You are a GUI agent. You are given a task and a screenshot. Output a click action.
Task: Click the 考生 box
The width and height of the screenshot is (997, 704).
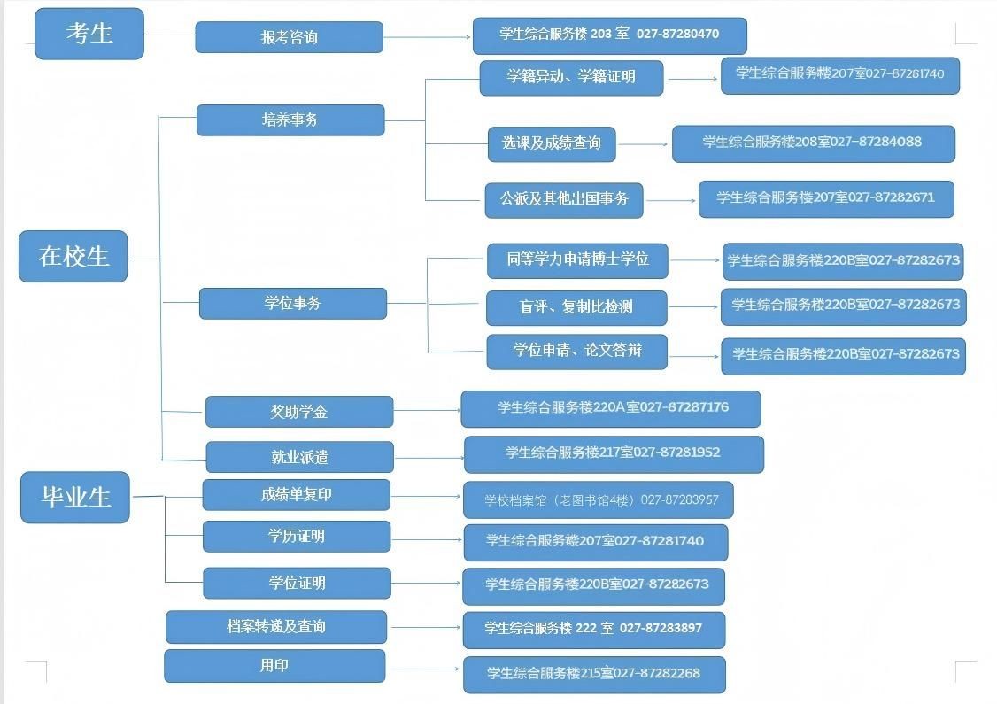[x=89, y=34]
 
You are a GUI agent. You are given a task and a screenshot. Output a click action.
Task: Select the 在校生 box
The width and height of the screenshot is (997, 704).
[x=73, y=257]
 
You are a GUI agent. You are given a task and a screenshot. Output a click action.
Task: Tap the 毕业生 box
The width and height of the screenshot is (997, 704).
[x=75, y=497]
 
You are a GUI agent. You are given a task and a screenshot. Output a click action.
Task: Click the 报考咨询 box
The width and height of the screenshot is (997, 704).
[x=289, y=37]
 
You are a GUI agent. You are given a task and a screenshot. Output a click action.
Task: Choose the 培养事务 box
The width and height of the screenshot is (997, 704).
[x=290, y=120]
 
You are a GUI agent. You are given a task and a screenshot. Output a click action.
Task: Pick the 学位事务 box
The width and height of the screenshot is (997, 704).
[x=292, y=303]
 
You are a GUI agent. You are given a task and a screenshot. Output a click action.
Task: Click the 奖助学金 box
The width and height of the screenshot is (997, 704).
[x=299, y=412]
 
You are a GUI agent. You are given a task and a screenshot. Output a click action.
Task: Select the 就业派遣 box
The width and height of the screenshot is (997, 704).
[x=299, y=457]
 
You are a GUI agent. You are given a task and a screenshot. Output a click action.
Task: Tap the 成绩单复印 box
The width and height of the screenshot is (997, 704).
[x=296, y=495]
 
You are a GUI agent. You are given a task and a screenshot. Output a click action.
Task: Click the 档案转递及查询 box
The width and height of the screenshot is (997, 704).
[x=276, y=627]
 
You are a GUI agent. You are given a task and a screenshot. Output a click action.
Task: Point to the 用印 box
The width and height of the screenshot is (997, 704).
[x=274, y=666]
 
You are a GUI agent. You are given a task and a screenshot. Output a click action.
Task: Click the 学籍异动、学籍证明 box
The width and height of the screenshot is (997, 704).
[x=571, y=77]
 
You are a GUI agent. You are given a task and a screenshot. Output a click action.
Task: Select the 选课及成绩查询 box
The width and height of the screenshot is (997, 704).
[x=552, y=143]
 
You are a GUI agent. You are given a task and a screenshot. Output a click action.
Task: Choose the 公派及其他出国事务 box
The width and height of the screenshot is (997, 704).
[x=563, y=199]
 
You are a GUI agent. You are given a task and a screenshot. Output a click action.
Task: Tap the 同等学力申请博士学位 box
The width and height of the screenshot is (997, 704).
[x=577, y=259]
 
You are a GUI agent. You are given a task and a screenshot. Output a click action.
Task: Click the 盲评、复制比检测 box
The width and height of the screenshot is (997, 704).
[x=576, y=307]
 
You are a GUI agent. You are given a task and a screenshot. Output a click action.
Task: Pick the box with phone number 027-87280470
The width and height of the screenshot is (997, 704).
[x=609, y=35]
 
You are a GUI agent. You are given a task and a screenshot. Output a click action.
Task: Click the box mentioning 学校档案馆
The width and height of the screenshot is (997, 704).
[x=598, y=500]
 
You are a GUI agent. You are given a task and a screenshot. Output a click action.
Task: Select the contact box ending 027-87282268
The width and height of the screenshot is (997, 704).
[x=594, y=674]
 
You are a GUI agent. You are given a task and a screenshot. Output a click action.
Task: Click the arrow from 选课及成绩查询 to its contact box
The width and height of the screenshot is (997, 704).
[x=644, y=144]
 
